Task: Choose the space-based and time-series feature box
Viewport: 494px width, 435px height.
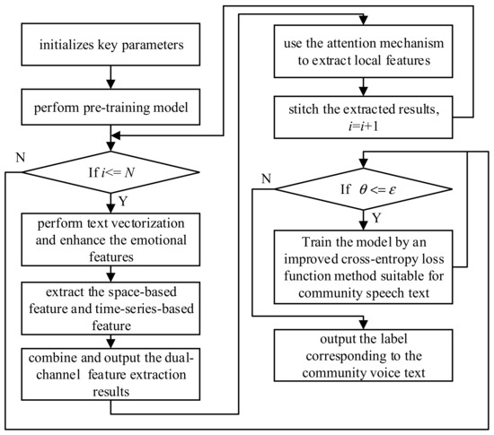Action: pyautogui.click(x=111, y=304)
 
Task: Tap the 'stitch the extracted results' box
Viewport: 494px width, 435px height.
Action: pyautogui.click(x=363, y=116)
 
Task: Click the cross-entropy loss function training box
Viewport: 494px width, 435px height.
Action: pyautogui.click(x=363, y=264)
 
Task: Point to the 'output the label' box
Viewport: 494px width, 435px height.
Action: pyautogui.click(x=363, y=349)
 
